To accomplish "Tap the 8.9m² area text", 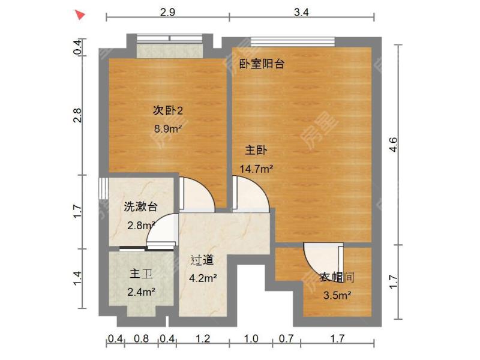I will [168, 128].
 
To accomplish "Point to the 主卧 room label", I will [256, 151].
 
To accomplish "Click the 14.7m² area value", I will [256, 169].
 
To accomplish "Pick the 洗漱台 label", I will [140, 208].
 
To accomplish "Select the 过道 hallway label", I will [202, 260].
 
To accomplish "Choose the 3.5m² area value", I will [337, 295].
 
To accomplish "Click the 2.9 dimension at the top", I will [168, 13].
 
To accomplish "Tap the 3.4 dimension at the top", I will [302, 13].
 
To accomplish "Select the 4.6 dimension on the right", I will [393, 144].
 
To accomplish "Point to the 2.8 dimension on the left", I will [77, 115].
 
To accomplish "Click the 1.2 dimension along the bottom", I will [203, 340].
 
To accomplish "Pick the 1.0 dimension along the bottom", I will [251, 340].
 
